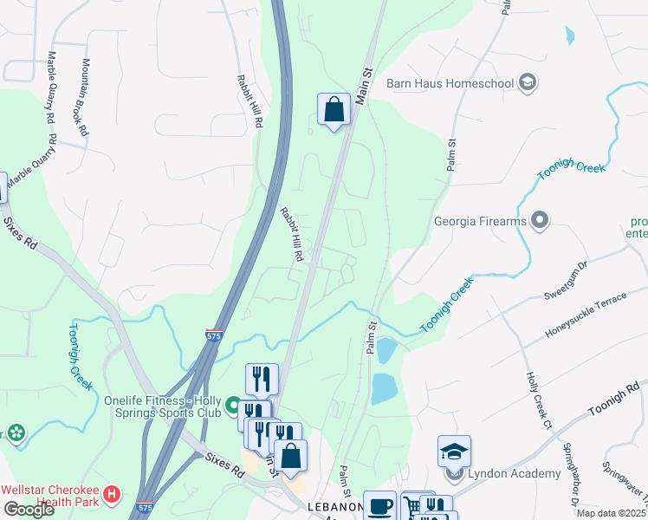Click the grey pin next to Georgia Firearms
(541, 221)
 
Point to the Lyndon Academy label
(515, 473)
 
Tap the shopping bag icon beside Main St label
(334, 110)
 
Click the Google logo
(29, 510)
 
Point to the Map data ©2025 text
(612, 513)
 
